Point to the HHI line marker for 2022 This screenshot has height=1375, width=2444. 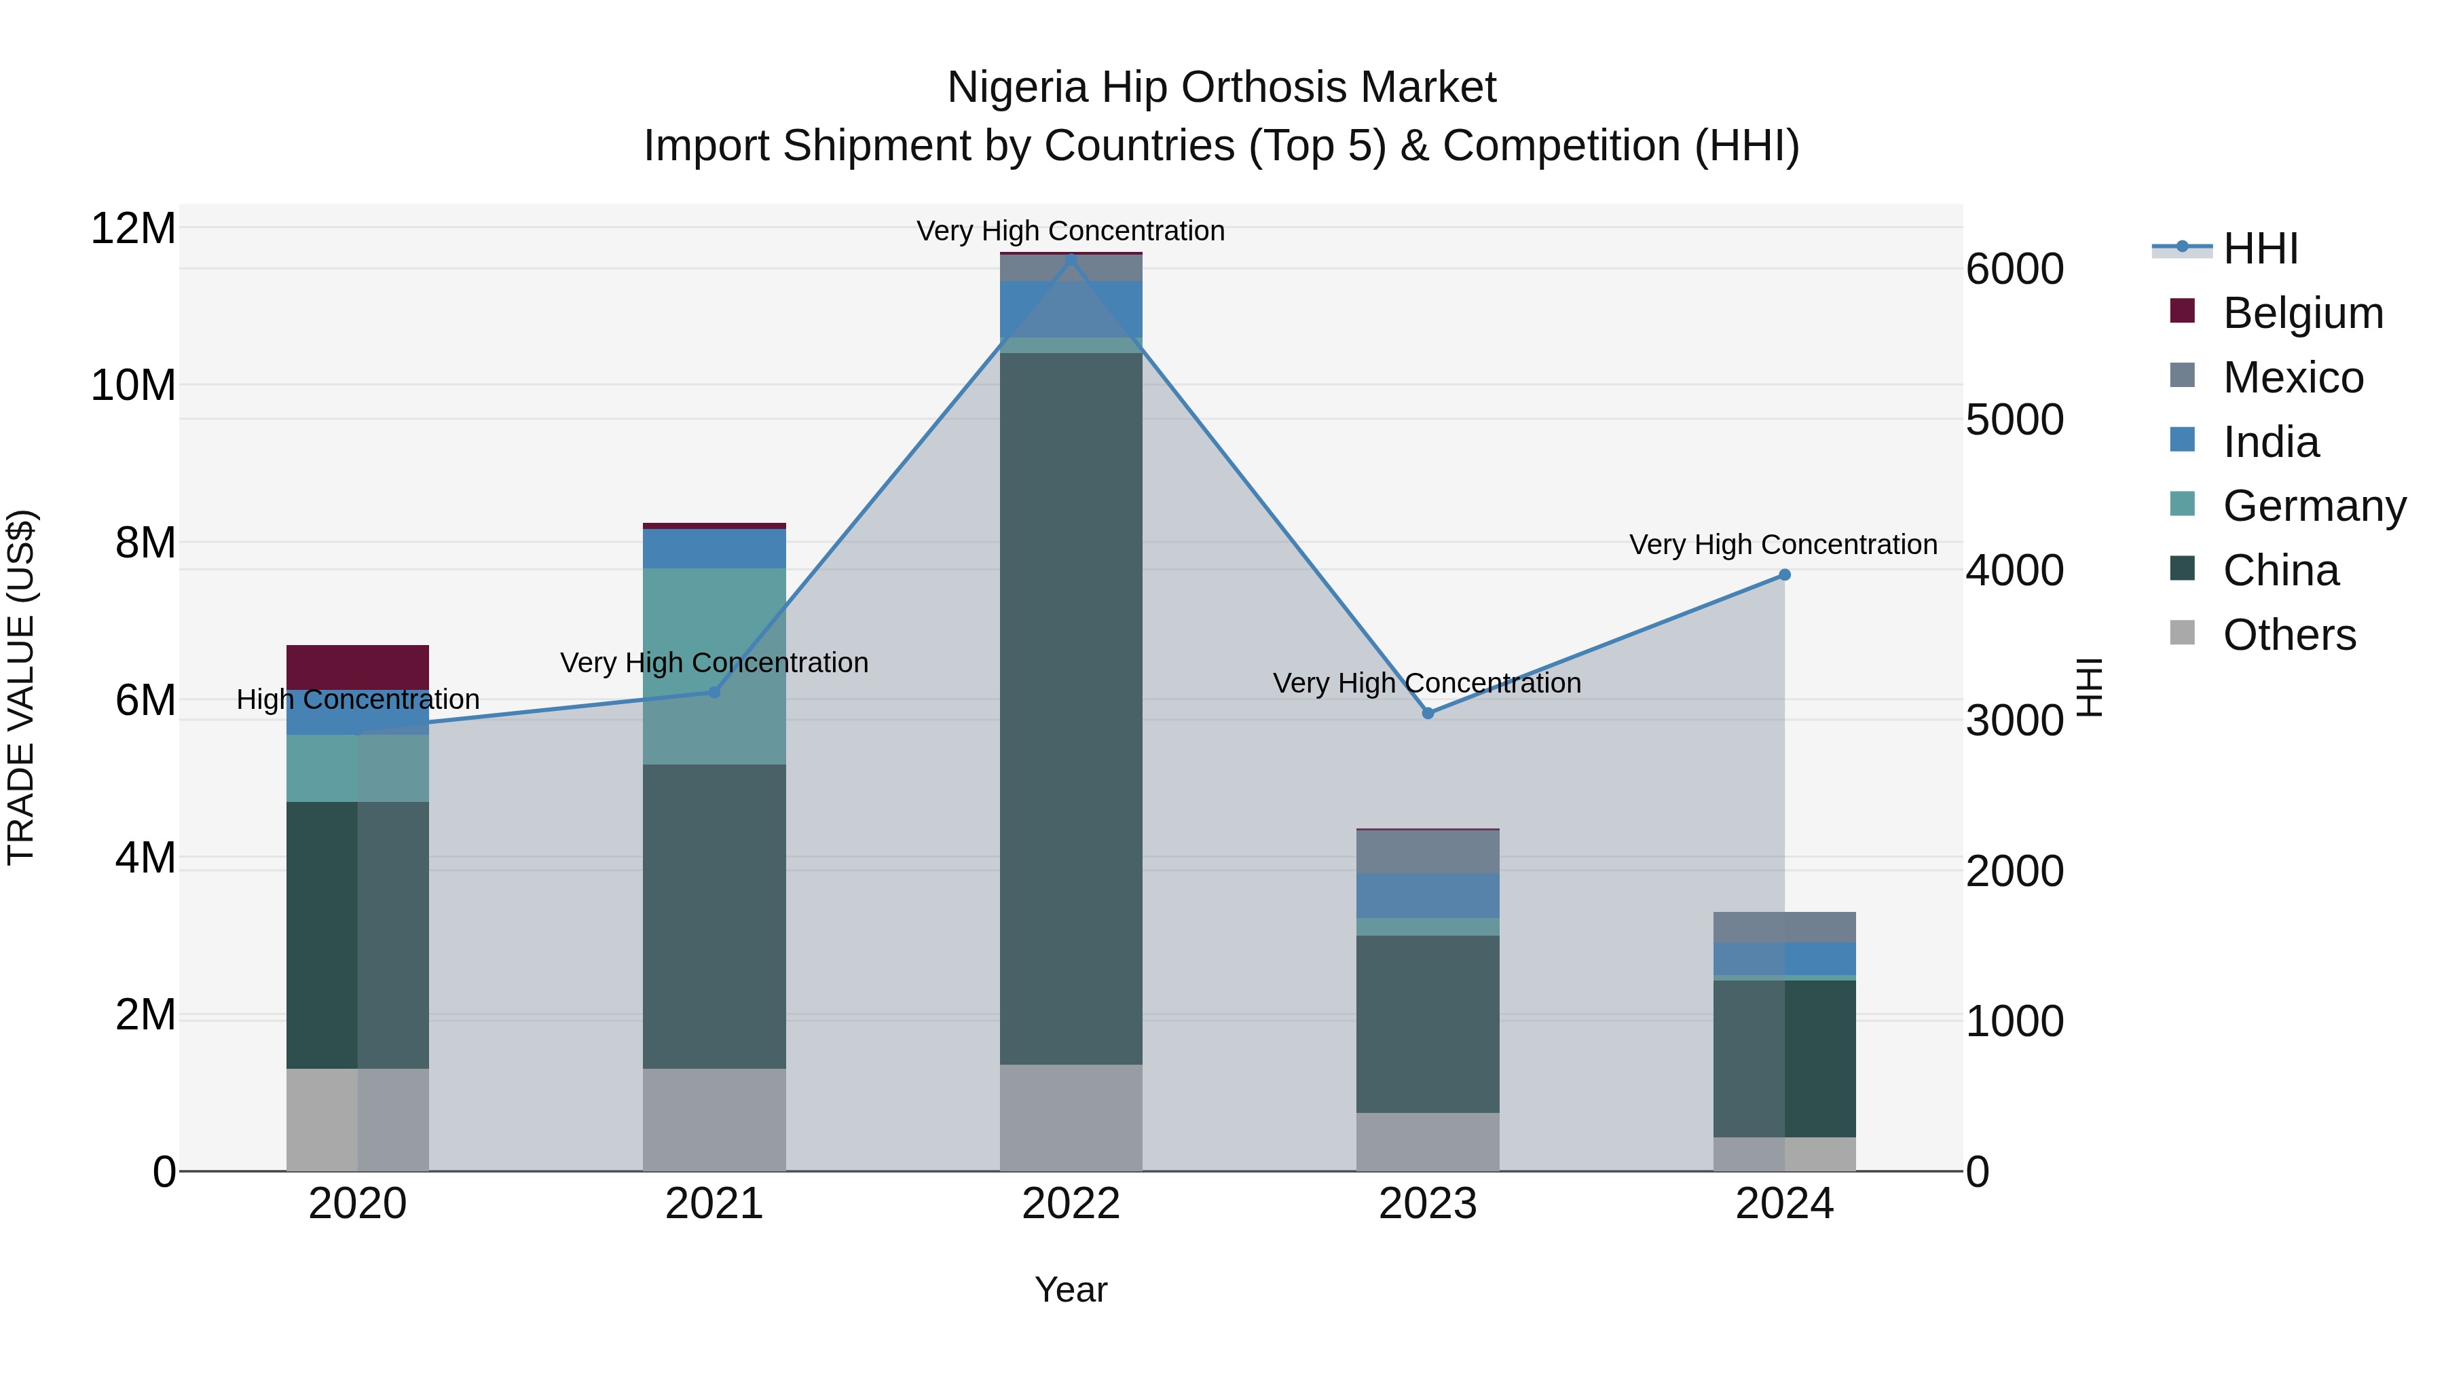pyautogui.click(x=1071, y=259)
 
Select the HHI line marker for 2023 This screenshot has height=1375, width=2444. pyautogui.click(x=1427, y=713)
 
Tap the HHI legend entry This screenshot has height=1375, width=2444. pyautogui.click(x=2260, y=249)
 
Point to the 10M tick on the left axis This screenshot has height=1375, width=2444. pyautogui.click(x=133, y=385)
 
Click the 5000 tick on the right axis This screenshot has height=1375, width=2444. pyautogui.click(x=2014, y=420)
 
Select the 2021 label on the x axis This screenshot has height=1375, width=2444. pyautogui.click(x=714, y=1204)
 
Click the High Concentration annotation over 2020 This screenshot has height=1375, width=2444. pyautogui.click(x=358, y=699)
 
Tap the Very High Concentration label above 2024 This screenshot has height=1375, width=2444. pyautogui.click(x=1783, y=545)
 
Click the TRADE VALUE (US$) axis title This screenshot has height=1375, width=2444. pyautogui.click(x=21, y=687)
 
